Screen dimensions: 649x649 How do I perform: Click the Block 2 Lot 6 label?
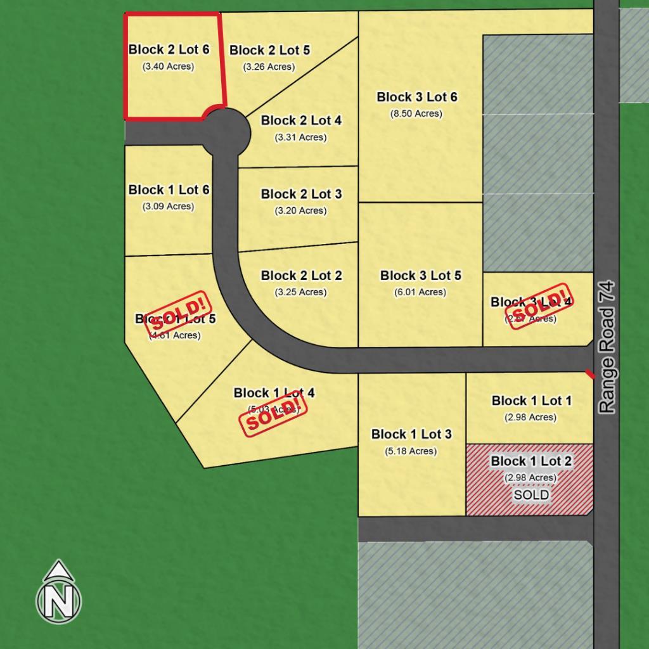tap(169, 49)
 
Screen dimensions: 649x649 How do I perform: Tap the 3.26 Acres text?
tap(269, 67)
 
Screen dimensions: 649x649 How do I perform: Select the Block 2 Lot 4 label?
tap(301, 120)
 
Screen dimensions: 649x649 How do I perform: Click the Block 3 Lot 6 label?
tap(416, 97)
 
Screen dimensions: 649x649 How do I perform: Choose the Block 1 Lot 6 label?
tap(169, 190)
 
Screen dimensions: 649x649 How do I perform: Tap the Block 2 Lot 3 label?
tap(301, 194)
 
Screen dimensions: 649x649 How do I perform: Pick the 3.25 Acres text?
tap(301, 292)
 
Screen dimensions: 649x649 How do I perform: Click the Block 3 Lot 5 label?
tap(421, 276)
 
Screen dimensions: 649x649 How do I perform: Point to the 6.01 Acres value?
tap(421, 292)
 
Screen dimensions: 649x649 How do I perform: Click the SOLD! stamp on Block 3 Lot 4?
tap(536, 307)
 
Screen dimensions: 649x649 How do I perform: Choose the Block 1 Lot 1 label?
tap(531, 401)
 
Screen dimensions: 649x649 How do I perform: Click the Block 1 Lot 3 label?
tap(411, 434)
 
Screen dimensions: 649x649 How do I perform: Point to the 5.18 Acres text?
tap(411, 451)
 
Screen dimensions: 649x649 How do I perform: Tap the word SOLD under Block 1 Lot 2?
tap(531, 495)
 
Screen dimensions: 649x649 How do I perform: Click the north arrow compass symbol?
tap(58, 592)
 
